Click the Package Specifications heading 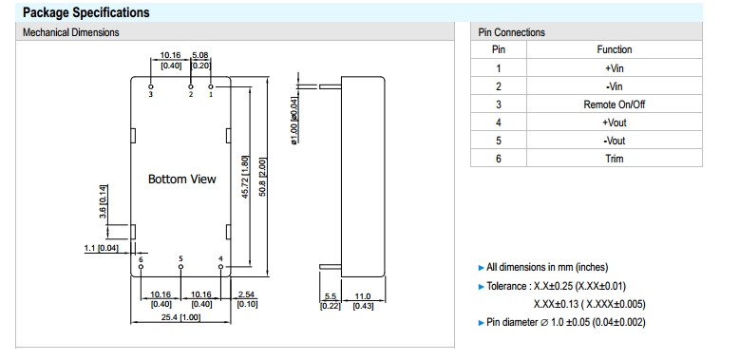click(x=86, y=12)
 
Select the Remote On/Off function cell click(x=615, y=104)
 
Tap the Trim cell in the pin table click(x=615, y=159)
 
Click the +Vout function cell click(x=615, y=123)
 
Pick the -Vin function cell click(x=615, y=86)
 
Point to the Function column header click(x=615, y=49)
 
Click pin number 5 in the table click(x=499, y=141)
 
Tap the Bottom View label click(x=182, y=180)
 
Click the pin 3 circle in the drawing click(x=151, y=86)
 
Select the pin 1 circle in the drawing click(x=211, y=86)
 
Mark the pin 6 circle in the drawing click(x=141, y=267)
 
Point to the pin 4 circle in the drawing click(x=220, y=267)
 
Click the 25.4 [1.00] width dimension click(x=181, y=317)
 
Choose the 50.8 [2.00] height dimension click(x=263, y=177)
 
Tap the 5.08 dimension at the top click(x=200, y=56)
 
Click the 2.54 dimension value click(x=246, y=294)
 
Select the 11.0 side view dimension click(x=363, y=296)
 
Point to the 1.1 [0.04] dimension click(x=102, y=248)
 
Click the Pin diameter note click(x=565, y=322)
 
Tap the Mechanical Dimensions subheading click(x=70, y=32)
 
